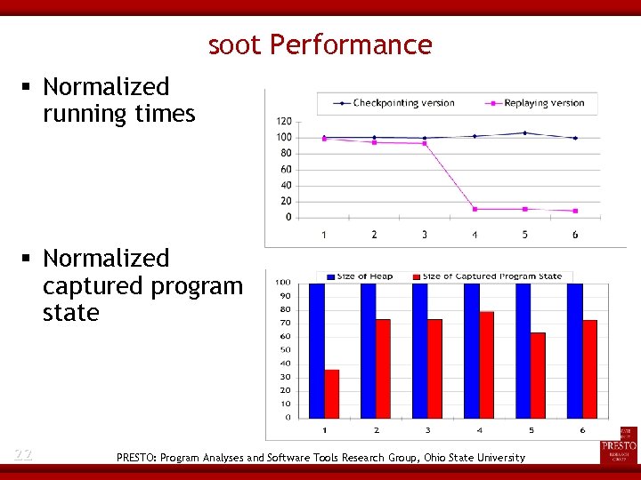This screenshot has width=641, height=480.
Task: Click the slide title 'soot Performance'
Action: click(320, 44)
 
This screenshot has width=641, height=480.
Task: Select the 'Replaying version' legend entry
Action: click(534, 103)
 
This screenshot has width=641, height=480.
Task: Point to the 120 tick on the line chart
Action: click(283, 121)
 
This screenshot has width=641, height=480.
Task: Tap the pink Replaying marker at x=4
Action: click(475, 209)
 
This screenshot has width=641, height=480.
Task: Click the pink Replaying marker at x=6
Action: click(575, 211)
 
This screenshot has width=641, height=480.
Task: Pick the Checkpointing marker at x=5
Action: click(524, 133)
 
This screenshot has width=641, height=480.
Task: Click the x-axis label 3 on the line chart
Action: click(424, 235)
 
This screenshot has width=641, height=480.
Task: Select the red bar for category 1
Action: click(332, 393)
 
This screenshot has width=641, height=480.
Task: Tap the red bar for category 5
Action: click(537, 374)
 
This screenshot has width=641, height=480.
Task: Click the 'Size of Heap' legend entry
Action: click(360, 276)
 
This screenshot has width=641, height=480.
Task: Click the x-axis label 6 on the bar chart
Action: click(582, 430)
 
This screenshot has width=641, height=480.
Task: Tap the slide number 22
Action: click(23, 455)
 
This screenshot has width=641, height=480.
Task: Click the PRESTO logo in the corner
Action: click(619, 443)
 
